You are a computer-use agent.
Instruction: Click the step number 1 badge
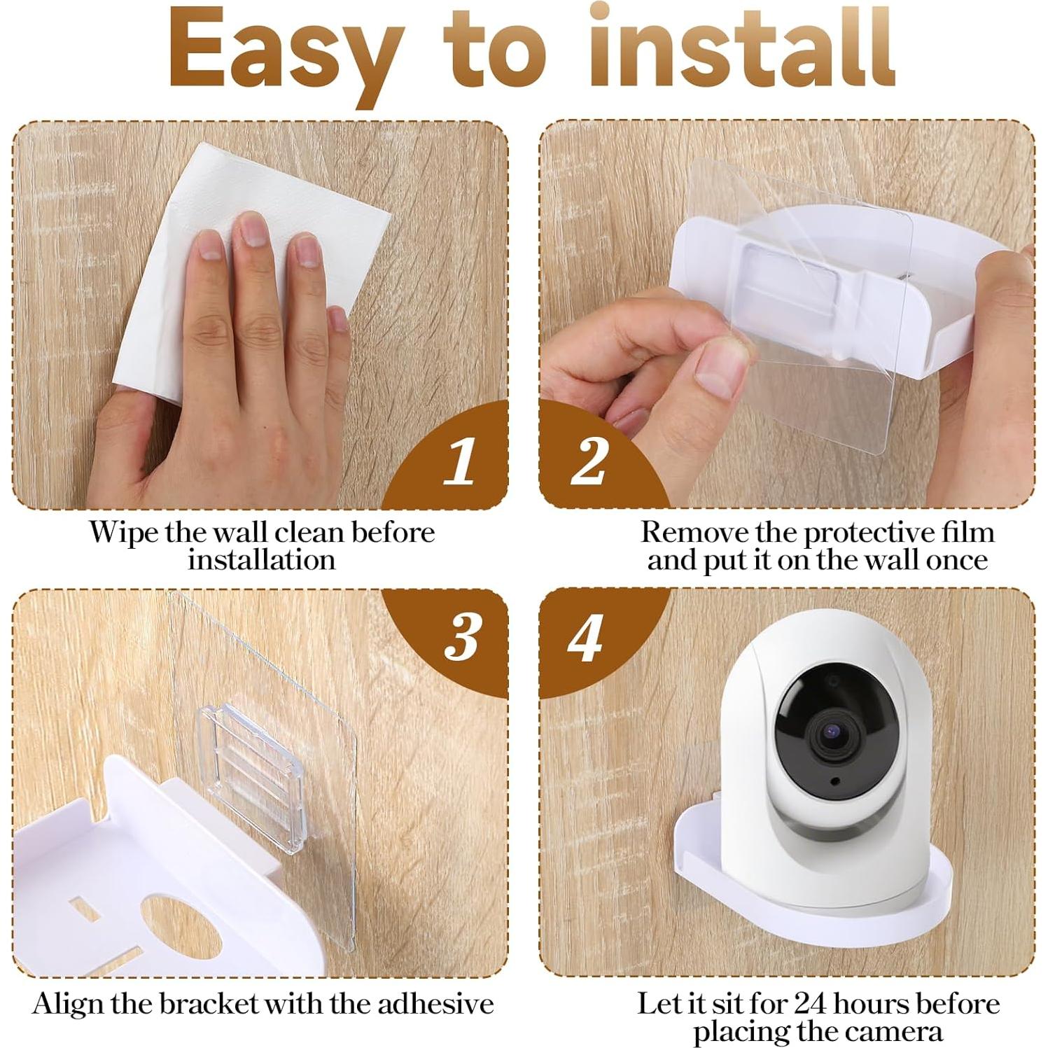pyautogui.click(x=459, y=462)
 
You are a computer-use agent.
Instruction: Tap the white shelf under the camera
pyautogui.click(x=805, y=910)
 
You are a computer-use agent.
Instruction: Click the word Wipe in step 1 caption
pyautogui.click(x=124, y=533)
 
